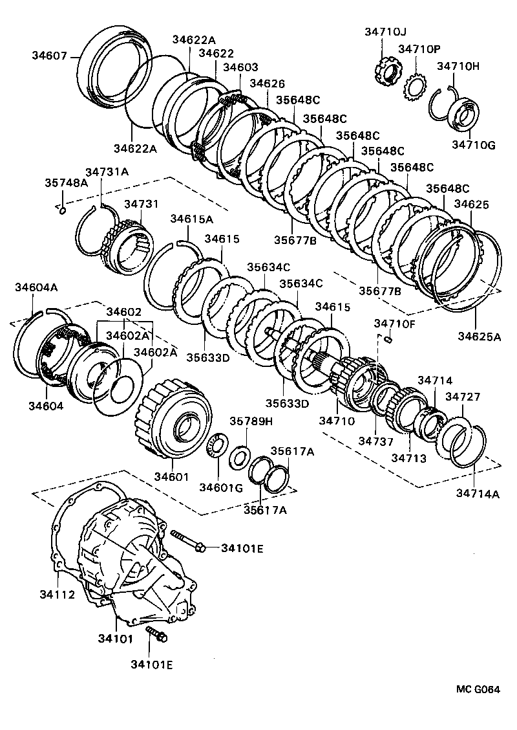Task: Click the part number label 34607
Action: coord(49,56)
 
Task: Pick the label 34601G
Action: coord(220,487)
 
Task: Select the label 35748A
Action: coord(66,182)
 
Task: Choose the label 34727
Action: coord(462,396)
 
